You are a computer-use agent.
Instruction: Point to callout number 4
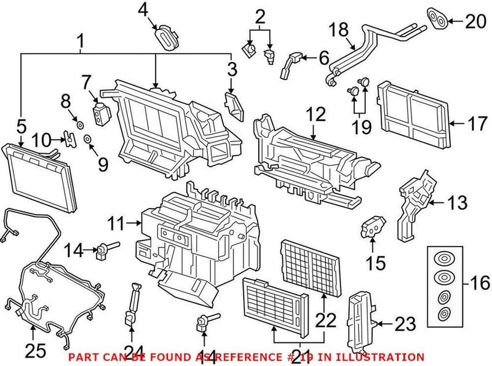pos(143,10)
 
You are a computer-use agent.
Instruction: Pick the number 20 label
pos(472,23)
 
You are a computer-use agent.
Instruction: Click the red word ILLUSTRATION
pos(386,357)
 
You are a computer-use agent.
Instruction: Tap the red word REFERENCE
pos(240,357)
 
